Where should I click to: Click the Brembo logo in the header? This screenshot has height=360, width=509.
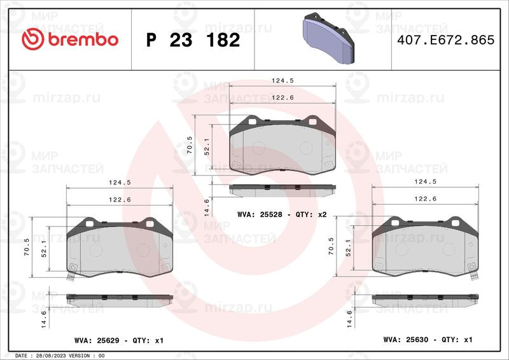coord(70,39)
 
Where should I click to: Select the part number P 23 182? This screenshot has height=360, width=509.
coord(193,40)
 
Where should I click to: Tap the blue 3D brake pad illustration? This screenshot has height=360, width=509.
coord(327,39)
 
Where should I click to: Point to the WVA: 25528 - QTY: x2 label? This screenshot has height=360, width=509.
coord(281,215)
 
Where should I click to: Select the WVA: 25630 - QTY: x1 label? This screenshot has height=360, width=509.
coord(428,340)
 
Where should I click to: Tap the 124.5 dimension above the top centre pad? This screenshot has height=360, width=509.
coord(282,81)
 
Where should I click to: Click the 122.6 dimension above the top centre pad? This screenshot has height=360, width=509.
coord(282,97)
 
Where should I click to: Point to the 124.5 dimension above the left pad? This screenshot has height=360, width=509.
coord(120,183)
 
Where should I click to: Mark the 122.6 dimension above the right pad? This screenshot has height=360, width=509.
coord(424,198)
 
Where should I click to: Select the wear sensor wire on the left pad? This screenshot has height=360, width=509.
coord(71,276)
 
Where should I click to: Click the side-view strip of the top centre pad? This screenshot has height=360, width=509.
coord(281,189)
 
